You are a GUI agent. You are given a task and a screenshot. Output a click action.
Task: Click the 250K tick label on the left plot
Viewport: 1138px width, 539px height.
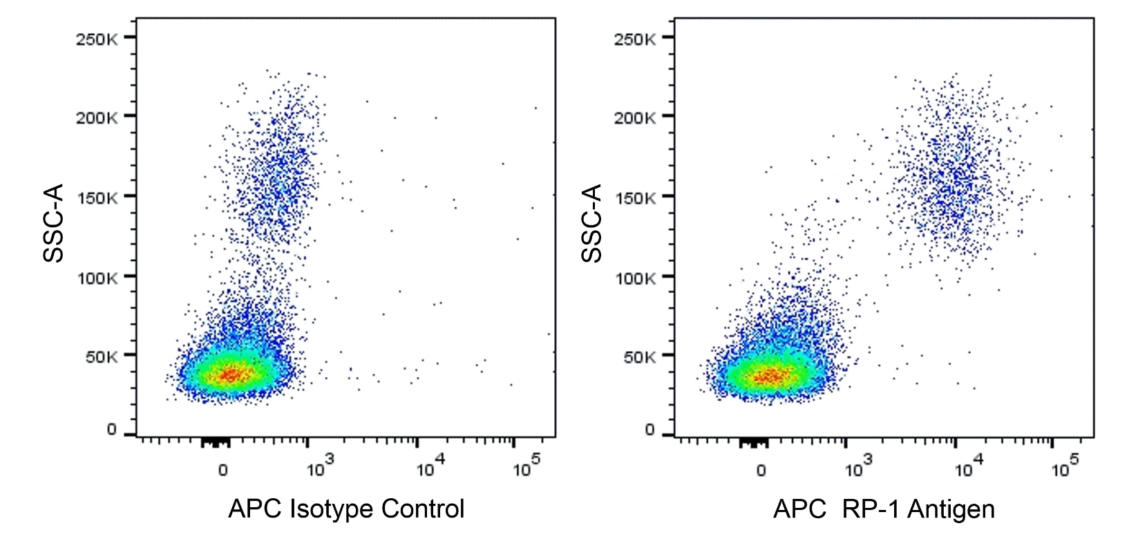(97, 39)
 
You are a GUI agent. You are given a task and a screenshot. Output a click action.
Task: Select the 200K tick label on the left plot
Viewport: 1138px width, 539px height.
(97, 118)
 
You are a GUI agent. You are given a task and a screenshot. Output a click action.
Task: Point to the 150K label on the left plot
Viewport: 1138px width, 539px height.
(97, 199)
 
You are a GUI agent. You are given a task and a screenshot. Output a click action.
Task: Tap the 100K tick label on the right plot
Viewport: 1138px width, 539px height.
(635, 278)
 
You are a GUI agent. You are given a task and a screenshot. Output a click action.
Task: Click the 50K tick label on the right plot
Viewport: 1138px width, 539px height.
(639, 357)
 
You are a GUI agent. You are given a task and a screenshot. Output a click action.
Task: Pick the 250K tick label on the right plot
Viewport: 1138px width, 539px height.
(635, 39)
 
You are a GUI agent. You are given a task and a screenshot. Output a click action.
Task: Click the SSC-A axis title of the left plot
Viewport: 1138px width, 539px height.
(54, 223)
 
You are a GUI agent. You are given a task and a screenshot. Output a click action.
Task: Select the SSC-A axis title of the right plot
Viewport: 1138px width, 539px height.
(592, 223)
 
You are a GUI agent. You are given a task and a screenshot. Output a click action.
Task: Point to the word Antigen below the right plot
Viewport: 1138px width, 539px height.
(951, 509)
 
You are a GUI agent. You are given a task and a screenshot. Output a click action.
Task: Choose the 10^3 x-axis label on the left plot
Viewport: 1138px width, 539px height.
(320, 468)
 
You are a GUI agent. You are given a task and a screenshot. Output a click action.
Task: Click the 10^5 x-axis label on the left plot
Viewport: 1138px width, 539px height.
(527, 468)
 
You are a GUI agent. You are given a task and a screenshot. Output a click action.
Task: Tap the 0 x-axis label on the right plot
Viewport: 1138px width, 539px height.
(761, 471)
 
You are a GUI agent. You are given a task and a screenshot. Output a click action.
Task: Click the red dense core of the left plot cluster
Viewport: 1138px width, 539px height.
(231, 375)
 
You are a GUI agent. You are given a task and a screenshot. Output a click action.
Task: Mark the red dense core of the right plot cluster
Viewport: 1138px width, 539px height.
(769, 377)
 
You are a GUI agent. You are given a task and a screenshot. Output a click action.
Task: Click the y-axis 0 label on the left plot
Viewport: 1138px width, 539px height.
(111, 429)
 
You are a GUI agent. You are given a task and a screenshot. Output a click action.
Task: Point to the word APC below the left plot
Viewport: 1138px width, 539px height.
(255, 509)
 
